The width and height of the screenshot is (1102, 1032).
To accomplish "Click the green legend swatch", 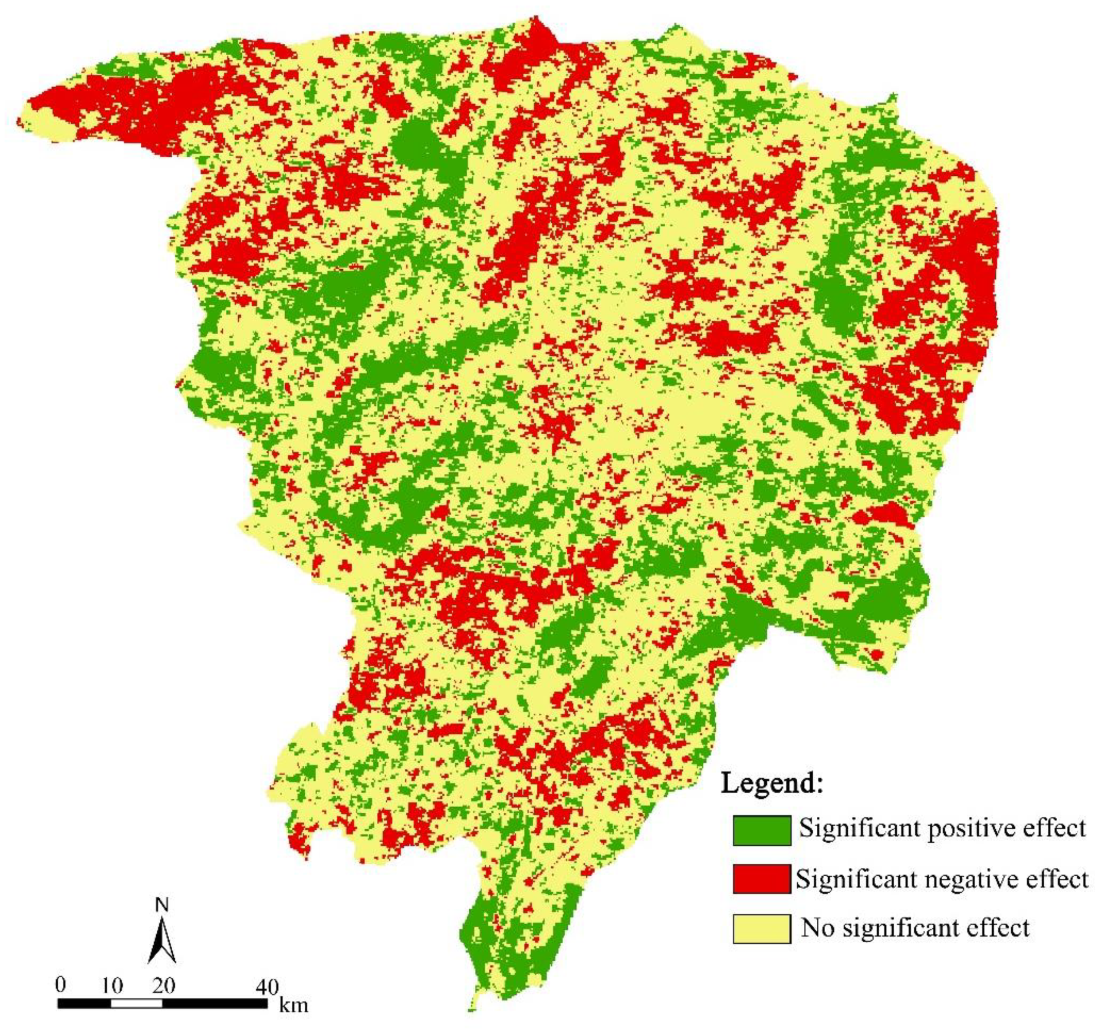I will click(761, 830).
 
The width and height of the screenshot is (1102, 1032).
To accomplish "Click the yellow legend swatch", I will click(761, 928).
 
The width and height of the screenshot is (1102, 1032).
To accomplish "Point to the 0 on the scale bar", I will click(60, 984).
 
